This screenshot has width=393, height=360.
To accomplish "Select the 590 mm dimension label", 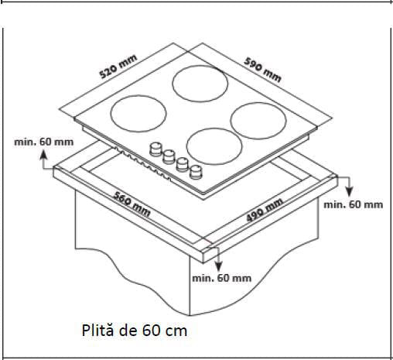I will [263, 68].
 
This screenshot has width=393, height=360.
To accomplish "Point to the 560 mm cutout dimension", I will [130, 204].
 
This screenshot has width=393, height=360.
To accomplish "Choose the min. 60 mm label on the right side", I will [353, 204].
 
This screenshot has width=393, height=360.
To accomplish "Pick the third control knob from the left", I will [183, 163].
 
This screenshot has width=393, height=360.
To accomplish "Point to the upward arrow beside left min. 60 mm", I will [45, 161].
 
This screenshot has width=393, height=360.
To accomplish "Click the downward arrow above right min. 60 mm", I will [347, 186].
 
